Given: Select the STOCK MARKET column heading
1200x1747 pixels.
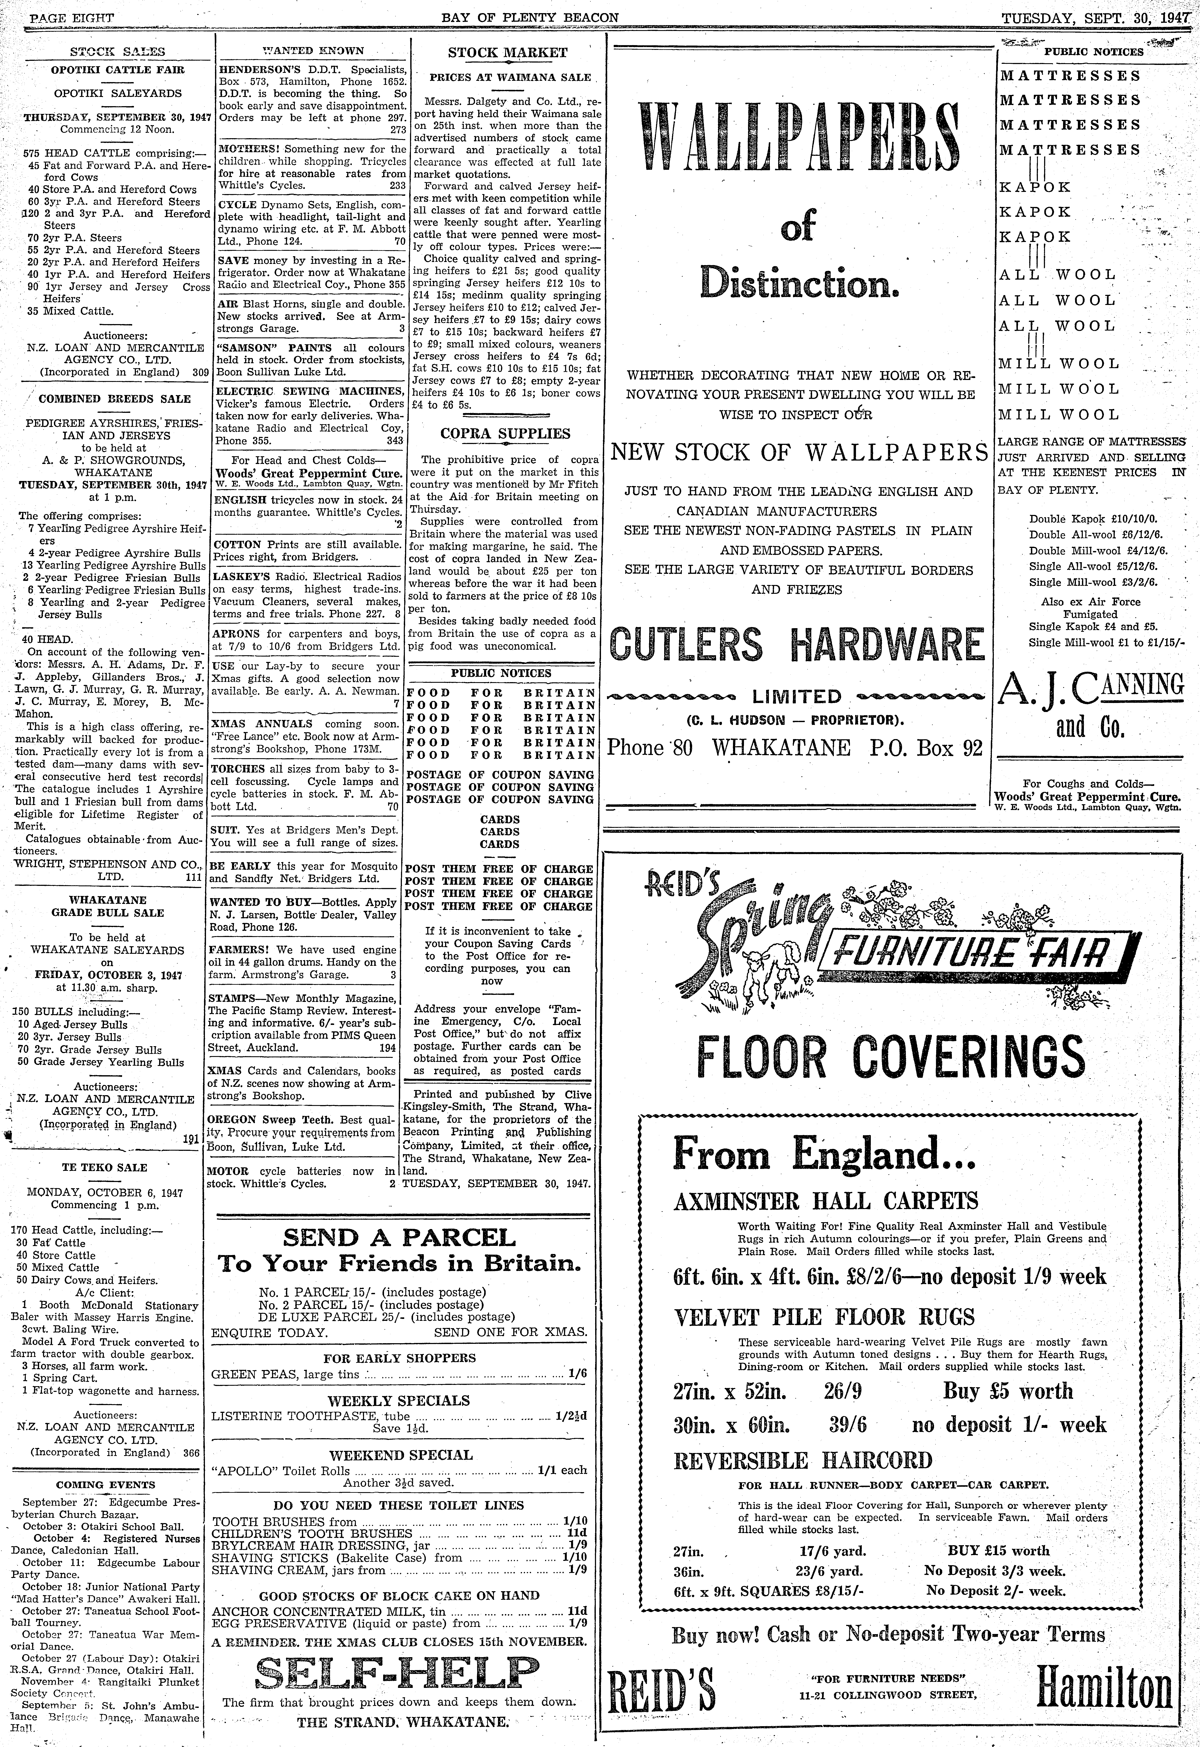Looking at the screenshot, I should pos(507,53).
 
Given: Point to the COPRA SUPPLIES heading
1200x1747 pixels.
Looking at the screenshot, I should pos(505,434).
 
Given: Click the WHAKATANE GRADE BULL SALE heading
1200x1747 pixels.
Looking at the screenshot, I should pos(108,906).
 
